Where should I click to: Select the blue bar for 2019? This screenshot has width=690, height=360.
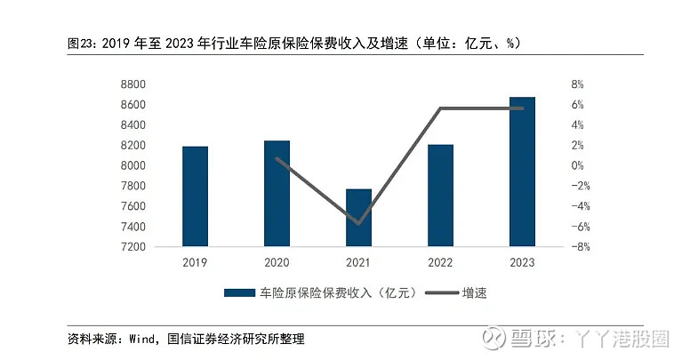click(x=195, y=196)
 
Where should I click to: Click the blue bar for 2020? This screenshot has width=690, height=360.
click(x=277, y=194)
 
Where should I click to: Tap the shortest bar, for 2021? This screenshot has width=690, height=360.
click(x=358, y=218)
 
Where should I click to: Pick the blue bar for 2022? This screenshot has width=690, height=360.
click(x=440, y=196)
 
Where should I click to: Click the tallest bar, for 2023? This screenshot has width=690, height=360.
click(x=522, y=172)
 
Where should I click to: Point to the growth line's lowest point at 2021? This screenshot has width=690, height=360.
click(x=358, y=223)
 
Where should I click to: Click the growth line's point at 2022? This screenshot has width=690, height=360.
click(x=440, y=108)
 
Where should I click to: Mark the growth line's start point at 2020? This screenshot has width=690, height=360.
click(x=277, y=158)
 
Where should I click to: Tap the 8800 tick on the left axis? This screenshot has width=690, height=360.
click(x=132, y=84)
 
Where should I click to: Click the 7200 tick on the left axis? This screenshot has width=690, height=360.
click(x=132, y=247)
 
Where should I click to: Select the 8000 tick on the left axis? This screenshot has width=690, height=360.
click(x=132, y=166)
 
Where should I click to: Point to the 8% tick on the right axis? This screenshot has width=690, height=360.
click(x=577, y=84)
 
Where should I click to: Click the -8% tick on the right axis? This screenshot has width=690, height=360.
click(x=581, y=247)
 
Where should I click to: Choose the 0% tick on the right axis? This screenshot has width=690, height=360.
click(x=577, y=166)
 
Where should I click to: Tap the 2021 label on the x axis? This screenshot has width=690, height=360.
click(x=358, y=263)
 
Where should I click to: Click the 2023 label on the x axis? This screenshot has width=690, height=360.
click(x=522, y=263)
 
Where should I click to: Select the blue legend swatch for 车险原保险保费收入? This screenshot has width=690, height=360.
click(x=239, y=293)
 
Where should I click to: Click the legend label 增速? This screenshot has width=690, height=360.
click(x=475, y=293)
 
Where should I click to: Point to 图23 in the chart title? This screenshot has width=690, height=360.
click(x=82, y=44)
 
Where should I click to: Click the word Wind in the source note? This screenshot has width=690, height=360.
click(x=142, y=339)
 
